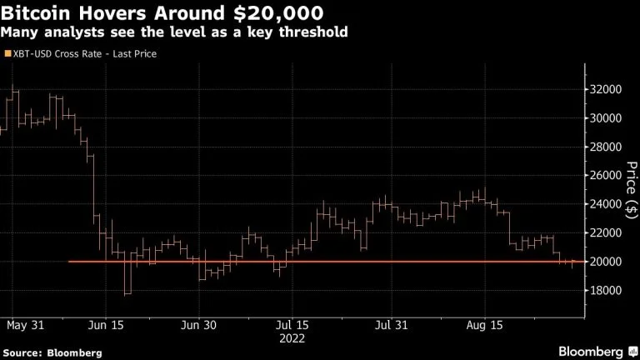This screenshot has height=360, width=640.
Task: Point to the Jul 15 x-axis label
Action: [x=292, y=323]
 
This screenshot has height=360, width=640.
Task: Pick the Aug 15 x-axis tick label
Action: [x=482, y=323]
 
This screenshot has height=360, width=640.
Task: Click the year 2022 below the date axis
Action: [x=292, y=338]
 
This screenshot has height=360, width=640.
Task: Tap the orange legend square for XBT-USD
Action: [x=8, y=53]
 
